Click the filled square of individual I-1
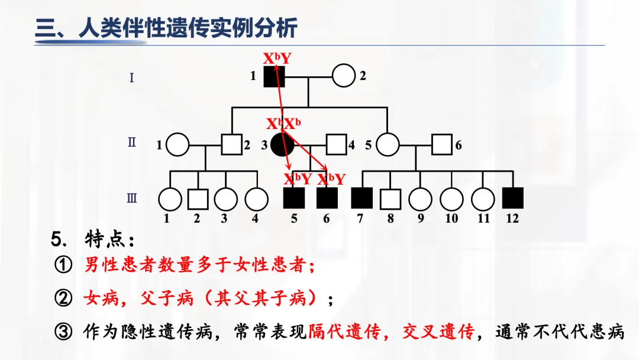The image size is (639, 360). click(x=274, y=76)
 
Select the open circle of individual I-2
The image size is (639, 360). click(x=343, y=76)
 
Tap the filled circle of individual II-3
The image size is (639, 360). click(x=282, y=144)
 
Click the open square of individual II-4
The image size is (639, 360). click(x=336, y=144)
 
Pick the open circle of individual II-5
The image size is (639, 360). click(x=388, y=144)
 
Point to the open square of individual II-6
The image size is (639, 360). click(x=441, y=144)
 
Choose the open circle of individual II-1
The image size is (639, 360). click(x=177, y=144)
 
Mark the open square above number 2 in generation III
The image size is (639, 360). click(x=198, y=199)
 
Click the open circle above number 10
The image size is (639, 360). click(x=451, y=199)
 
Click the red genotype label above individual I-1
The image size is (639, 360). click(x=277, y=58)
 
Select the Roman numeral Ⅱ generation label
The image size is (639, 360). click(x=131, y=143)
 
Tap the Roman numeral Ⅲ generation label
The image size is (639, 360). click(x=131, y=198)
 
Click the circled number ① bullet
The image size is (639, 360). click(x=63, y=265)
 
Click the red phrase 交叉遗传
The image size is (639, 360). click(x=438, y=332)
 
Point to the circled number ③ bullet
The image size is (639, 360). click(x=63, y=332)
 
